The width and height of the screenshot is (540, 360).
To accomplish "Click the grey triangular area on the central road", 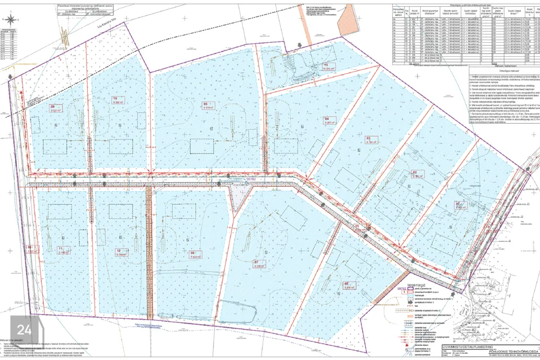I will click(x=238, y=197).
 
